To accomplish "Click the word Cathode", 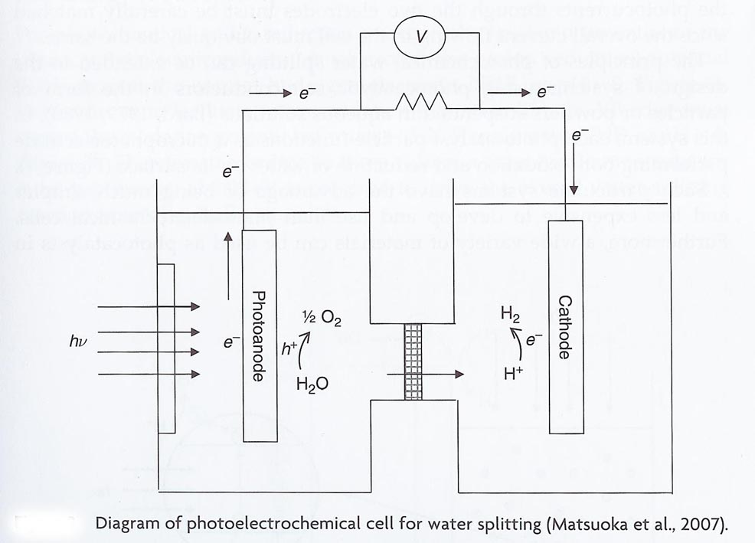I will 564,328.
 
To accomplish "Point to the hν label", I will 79,342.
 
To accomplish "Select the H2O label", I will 312,384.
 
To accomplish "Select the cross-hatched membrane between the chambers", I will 413,361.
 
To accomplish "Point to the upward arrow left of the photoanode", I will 227,276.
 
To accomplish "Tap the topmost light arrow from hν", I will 149,306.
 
